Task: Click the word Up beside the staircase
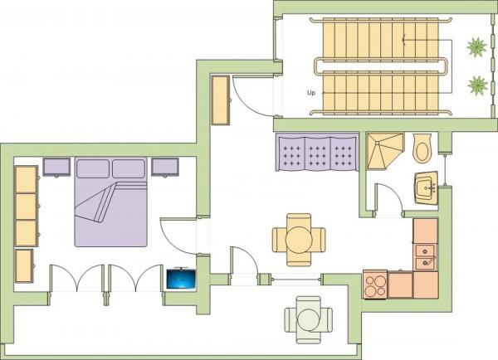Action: tap(311, 93)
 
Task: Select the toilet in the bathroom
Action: tap(422, 148)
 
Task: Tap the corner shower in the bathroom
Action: tap(385, 151)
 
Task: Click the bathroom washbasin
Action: tap(427, 188)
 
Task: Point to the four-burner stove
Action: tap(375, 285)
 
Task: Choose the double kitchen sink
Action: tap(425, 257)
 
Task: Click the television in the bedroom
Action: tap(181, 279)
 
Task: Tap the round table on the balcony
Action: tap(308, 320)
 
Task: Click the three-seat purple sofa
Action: tap(317, 152)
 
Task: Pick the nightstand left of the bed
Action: tap(56, 167)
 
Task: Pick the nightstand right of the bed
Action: tap(165, 167)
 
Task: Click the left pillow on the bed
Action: tap(93, 168)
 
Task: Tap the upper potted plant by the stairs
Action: tap(476, 47)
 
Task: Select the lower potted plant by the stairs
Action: tap(478, 85)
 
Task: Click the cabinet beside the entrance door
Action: tap(221, 100)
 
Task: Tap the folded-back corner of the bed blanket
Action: tap(95, 203)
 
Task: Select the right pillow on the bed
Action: tap(129, 168)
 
